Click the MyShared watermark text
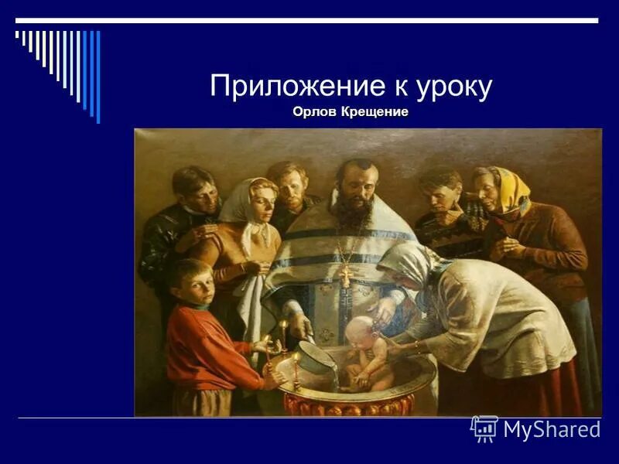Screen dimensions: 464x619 click(x=552, y=429)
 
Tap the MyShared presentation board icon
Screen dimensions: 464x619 click(x=484, y=428)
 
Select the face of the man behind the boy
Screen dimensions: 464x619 click(x=200, y=193)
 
